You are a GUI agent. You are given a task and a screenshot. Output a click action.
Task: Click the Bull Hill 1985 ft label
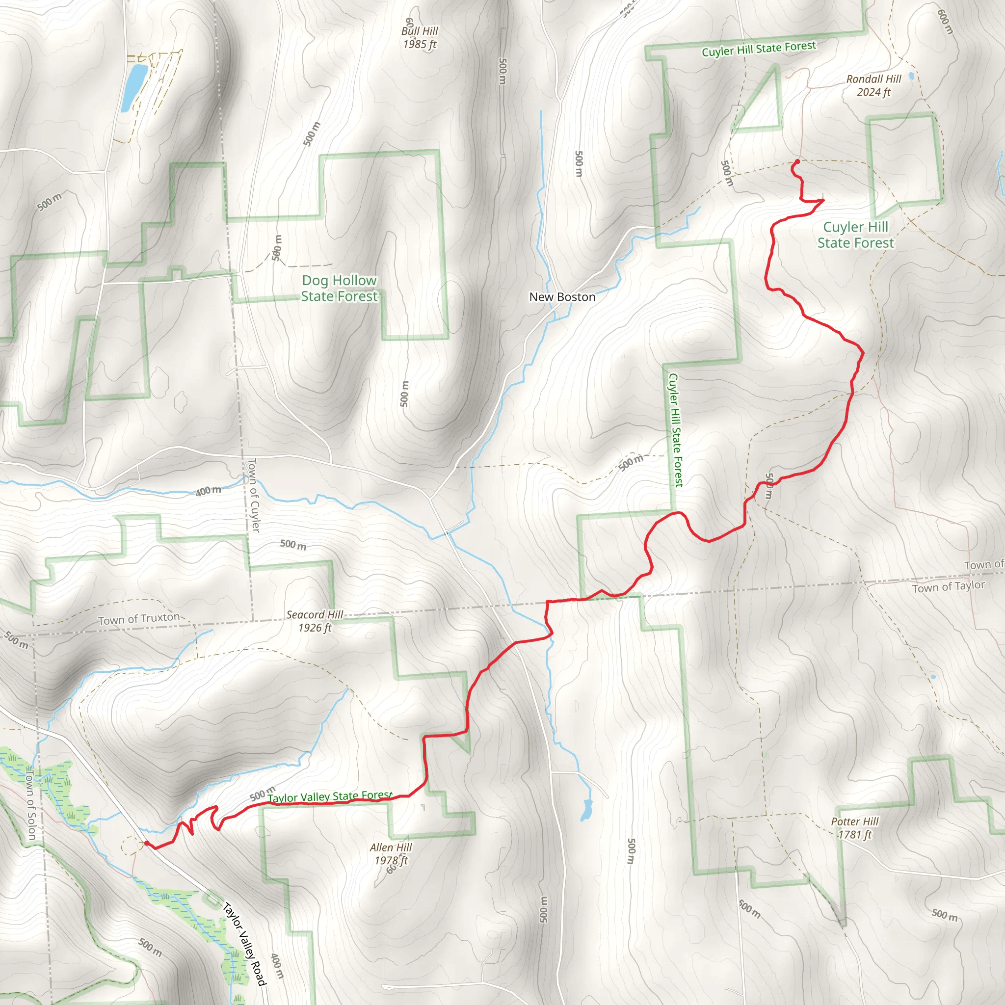point(419,37)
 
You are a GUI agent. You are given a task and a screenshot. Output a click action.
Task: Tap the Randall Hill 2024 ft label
point(873,85)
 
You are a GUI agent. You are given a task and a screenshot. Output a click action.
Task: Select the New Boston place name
point(562,297)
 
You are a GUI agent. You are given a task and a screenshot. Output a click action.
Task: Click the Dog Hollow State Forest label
point(339,288)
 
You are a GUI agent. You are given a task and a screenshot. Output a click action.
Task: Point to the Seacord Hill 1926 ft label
point(315,621)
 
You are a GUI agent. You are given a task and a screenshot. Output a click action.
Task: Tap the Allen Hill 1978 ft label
point(391,854)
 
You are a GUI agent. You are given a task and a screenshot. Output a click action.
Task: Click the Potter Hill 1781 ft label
point(855,828)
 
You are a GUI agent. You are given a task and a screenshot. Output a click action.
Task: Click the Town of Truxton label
point(139,619)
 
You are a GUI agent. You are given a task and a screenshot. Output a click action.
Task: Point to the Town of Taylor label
point(948,587)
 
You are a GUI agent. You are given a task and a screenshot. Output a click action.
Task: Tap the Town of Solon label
point(30,804)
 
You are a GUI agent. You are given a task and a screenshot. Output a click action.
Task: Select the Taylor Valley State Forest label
point(330,796)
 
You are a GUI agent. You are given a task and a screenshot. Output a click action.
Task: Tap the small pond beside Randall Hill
point(911,77)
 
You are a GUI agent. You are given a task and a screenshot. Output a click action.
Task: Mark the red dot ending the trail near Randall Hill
point(796,162)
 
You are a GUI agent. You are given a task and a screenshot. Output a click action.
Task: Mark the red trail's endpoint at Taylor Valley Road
point(147,844)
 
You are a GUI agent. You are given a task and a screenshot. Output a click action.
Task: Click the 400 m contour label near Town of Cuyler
point(208,491)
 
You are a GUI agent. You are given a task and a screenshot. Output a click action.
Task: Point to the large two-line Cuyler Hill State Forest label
point(856,235)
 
